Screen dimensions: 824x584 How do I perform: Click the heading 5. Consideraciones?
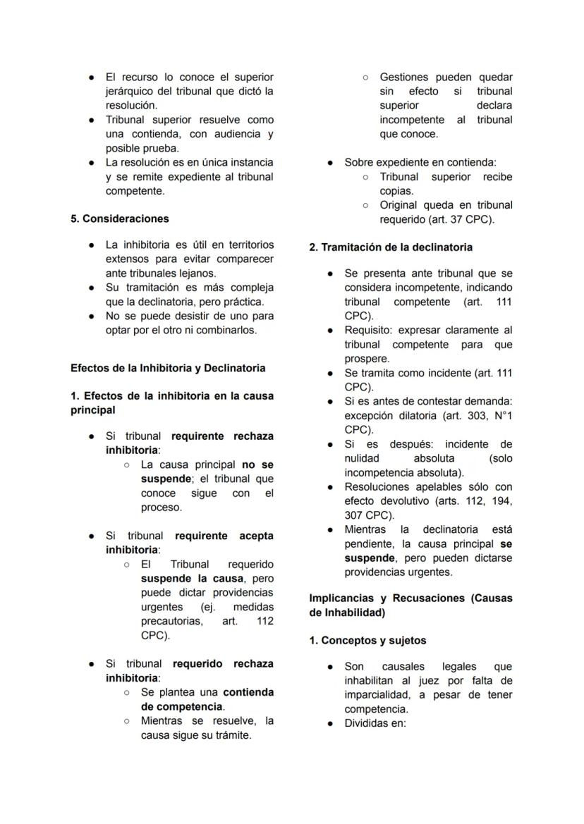(x=119, y=219)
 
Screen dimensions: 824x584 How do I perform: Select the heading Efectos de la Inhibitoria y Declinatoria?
(x=168, y=367)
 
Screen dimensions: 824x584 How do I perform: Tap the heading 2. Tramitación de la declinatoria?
(x=391, y=247)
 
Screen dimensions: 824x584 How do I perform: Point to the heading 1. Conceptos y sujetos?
(x=367, y=640)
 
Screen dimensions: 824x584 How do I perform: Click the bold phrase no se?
(x=257, y=465)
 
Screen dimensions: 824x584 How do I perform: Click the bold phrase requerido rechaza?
(x=223, y=663)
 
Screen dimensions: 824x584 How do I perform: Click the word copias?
(x=396, y=190)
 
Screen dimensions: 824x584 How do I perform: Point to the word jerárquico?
(x=132, y=91)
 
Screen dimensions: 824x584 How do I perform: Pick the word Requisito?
(x=368, y=330)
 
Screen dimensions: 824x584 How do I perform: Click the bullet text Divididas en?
(x=375, y=723)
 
